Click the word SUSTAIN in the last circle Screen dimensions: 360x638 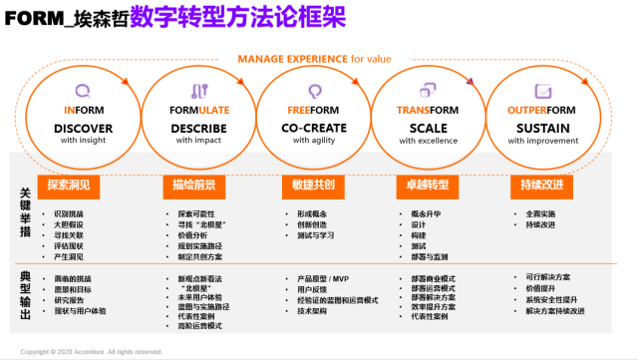tap(544, 128)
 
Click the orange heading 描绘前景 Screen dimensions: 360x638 tap(187, 184)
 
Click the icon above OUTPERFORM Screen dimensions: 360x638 tap(543, 89)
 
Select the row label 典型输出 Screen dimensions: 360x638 tap(26, 295)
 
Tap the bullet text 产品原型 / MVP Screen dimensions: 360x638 tap(322, 279)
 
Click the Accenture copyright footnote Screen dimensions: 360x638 tap(91, 352)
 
